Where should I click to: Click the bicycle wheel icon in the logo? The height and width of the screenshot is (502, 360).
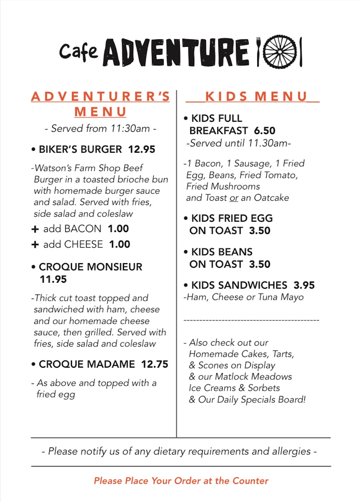pos(279,52)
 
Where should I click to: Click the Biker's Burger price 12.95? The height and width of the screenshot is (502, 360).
pos(141,149)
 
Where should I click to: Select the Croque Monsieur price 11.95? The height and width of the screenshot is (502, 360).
pos(53,279)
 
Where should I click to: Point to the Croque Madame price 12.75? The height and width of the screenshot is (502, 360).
pos(154,364)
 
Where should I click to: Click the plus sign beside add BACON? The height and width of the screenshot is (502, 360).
pos(35,229)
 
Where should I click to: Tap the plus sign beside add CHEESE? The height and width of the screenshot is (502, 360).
pos(35,245)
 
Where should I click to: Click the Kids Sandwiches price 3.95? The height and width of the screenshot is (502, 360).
pos(304,285)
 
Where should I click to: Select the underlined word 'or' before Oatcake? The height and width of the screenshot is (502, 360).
pos(234,198)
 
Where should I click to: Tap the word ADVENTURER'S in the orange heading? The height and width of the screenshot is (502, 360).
pos(100,97)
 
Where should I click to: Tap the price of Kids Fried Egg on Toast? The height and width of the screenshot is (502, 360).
pos(260,231)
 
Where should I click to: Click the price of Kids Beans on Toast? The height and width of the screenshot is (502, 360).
pos(260,264)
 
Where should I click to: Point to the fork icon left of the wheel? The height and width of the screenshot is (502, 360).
pos(258,52)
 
